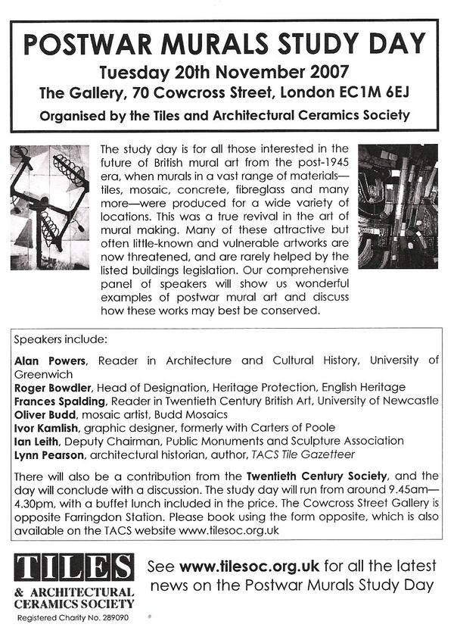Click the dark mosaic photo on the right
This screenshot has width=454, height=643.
click(x=398, y=206)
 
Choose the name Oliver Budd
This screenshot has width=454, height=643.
click(x=45, y=414)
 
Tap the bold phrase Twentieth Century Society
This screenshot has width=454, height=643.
click(x=310, y=476)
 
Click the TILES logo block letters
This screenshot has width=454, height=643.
click(x=74, y=568)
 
